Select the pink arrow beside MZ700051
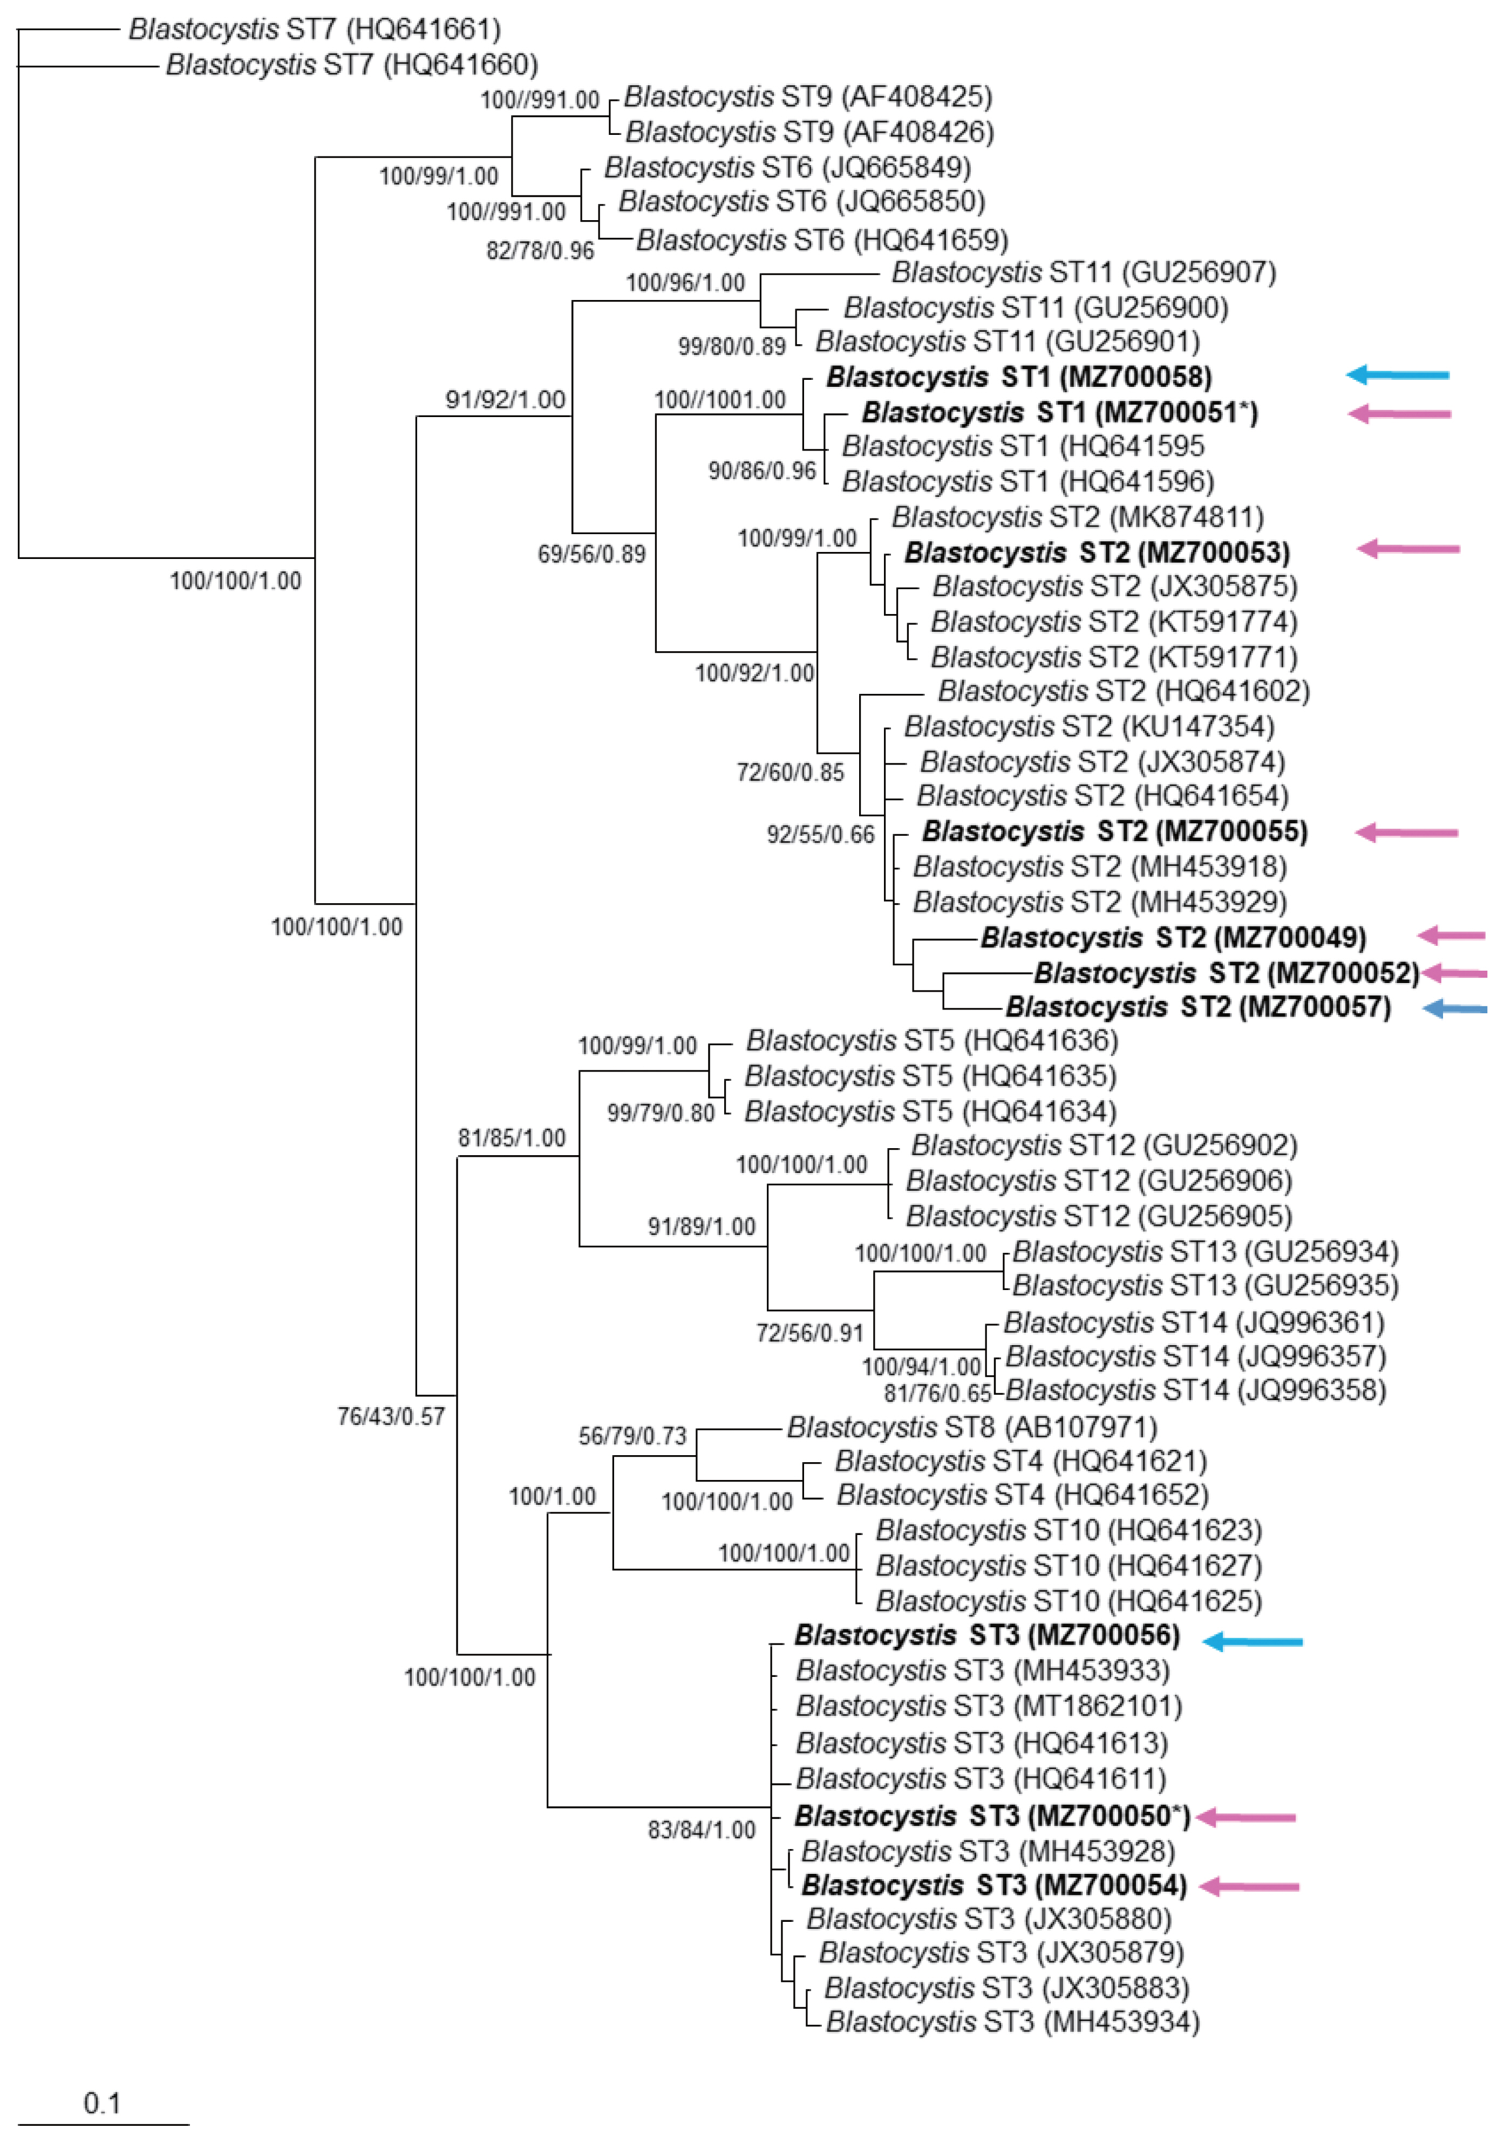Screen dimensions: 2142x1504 pyautogui.click(x=1399, y=413)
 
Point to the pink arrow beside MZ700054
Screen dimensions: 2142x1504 pyautogui.click(x=1248, y=1886)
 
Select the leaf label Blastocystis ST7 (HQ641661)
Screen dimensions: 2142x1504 pyautogui.click(x=315, y=30)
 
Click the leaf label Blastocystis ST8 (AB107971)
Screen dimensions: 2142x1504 pyautogui.click(x=971, y=1428)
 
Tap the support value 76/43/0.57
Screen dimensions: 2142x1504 pyautogui.click(x=391, y=1417)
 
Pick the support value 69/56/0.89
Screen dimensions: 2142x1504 pyautogui.click(x=591, y=554)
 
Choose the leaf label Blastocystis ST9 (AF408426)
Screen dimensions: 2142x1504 pyautogui.click(x=809, y=132)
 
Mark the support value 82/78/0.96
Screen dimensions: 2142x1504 pyautogui.click(x=540, y=250)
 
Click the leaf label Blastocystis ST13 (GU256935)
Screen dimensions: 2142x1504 pyautogui.click(x=1206, y=1286)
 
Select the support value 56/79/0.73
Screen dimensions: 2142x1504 pyautogui.click(x=632, y=1436)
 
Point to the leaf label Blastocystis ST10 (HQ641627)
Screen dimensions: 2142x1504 pyautogui.click(x=1069, y=1565)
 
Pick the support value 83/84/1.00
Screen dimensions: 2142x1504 pyautogui.click(x=702, y=1830)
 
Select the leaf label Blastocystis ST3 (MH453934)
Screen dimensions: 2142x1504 pyautogui.click(x=1012, y=2022)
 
